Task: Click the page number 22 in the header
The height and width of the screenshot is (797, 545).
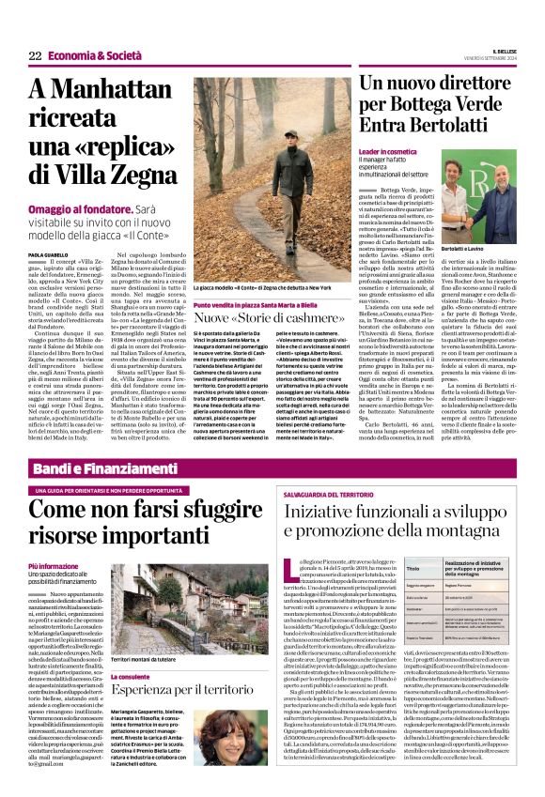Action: (x=35, y=56)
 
